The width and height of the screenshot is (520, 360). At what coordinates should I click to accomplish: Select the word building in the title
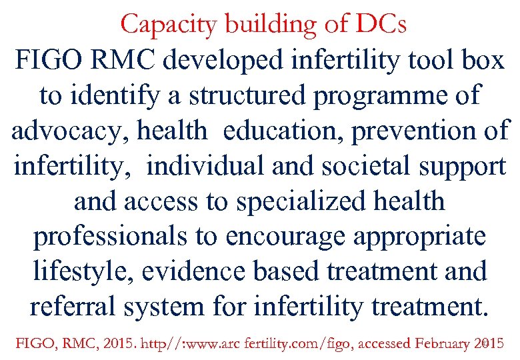coord(257,25)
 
